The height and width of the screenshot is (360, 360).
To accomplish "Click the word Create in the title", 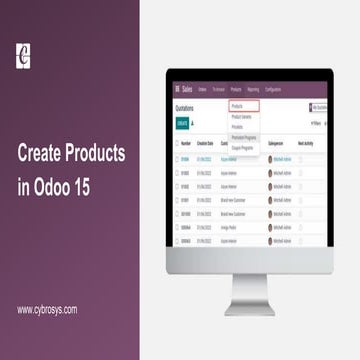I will (46, 155).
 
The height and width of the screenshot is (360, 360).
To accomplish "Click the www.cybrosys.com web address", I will (47, 309).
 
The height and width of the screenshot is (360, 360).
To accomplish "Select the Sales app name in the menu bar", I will (188, 90).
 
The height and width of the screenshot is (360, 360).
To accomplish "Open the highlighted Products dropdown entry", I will (243, 105).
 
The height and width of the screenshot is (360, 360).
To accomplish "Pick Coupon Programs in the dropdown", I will (244, 145).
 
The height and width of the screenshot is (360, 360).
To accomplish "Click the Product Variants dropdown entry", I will (243, 117).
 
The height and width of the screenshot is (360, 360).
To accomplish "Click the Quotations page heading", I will (184, 106).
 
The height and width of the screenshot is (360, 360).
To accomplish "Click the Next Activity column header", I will (307, 143).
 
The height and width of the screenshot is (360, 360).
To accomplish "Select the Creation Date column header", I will (205, 143).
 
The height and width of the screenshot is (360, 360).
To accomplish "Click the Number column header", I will (185, 143).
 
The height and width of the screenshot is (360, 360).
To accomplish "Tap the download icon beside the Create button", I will (192, 123).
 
